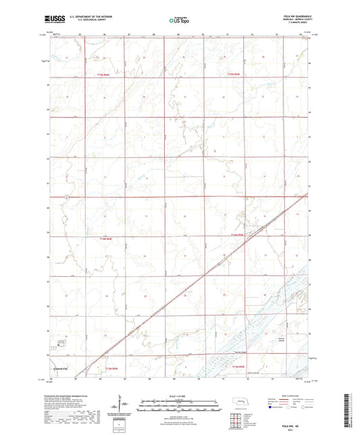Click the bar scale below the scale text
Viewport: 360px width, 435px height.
click(x=179, y=403)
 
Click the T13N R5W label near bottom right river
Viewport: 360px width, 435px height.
click(x=236, y=365)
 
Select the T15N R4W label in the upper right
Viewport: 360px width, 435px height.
click(x=234, y=74)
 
